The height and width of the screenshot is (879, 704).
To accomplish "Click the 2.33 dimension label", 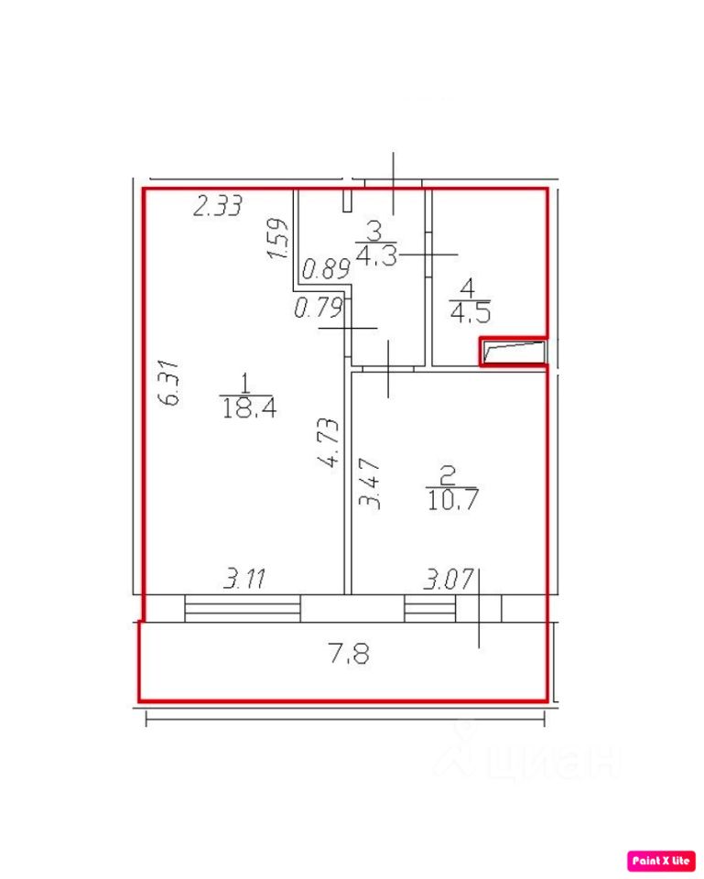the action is pyautogui.click(x=218, y=206).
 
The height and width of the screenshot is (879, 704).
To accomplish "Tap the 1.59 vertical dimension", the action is pyautogui.click(x=278, y=238).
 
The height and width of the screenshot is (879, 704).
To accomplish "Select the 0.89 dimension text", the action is pyautogui.click(x=326, y=268).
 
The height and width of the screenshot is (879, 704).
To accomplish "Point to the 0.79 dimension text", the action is pyautogui.click(x=318, y=308).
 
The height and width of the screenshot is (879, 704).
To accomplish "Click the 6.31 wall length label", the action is pyautogui.click(x=170, y=383).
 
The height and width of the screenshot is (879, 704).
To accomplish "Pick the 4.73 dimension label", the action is pyautogui.click(x=329, y=442).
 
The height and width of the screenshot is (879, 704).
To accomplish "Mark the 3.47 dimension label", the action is pyautogui.click(x=370, y=483).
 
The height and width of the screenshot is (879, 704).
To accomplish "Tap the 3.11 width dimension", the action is pyautogui.click(x=244, y=578).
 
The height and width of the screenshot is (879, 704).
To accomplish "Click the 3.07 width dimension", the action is pyautogui.click(x=449, y=579).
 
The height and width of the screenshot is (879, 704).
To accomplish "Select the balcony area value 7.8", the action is pyautogui.click(x=349, y=654).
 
